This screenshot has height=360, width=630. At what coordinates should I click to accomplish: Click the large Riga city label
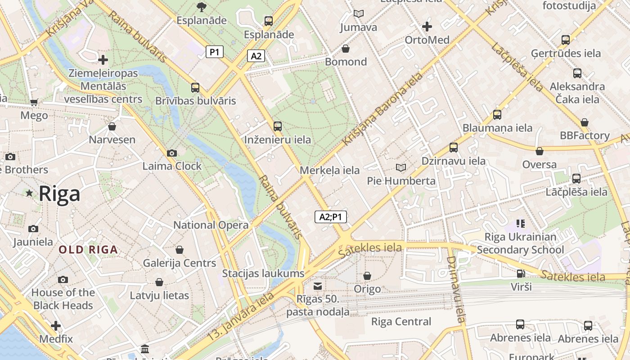[59, 194]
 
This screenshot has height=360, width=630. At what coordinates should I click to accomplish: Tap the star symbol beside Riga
[29, 193]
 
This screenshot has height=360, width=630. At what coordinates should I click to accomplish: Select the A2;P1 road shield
[330, 217]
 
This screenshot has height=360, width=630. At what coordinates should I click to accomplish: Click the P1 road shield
[215, 52]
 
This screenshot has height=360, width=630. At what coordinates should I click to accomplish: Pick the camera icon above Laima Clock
[171, 153]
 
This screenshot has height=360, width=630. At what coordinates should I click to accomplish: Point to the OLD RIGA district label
[88, 250]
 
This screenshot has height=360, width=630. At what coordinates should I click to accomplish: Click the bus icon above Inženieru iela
[277, 126]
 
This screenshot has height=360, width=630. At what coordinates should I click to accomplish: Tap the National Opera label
[211, 225]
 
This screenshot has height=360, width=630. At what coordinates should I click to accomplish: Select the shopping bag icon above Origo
[367, 276]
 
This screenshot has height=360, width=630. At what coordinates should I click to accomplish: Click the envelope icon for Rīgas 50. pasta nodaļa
[318, 286]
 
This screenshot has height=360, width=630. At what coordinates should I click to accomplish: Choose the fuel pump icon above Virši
[521, 273]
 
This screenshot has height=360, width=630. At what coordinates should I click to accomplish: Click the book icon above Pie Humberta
[400, 168]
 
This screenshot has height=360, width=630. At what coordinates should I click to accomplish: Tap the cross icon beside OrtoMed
[427, 27]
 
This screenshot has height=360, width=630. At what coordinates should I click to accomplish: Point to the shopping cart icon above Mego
[34, 103]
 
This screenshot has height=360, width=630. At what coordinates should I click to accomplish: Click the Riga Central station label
[401, 322]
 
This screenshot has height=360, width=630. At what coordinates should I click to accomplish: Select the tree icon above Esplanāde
[201, 7]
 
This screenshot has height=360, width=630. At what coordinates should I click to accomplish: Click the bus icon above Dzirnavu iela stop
[453, 148]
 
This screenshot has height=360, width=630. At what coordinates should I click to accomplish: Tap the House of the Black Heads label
[63, 299]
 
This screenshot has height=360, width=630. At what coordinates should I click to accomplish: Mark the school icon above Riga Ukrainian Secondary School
[521, 223]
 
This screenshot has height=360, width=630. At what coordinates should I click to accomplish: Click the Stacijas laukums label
[263, 273]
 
